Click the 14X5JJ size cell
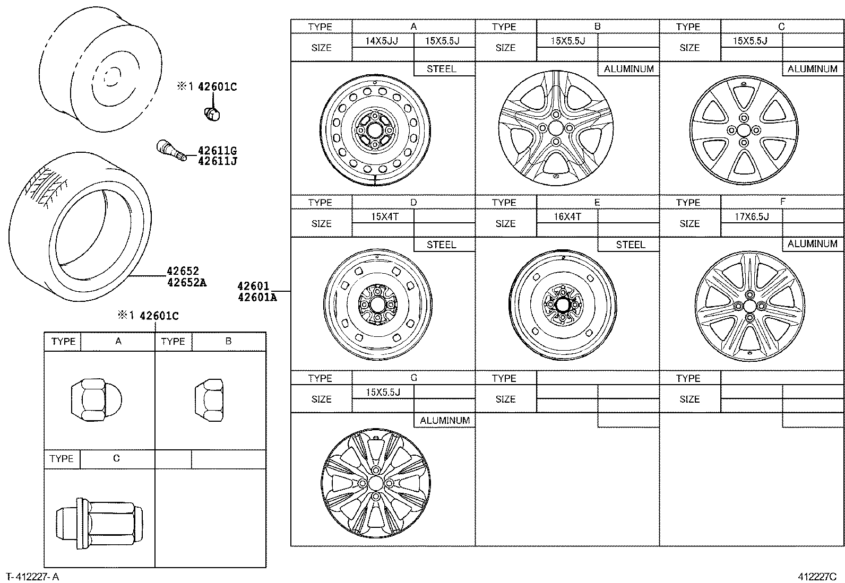(382, 41)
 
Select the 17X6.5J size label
(751, 216)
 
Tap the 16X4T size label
(567, 216)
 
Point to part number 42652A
(186, 283)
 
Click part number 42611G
(217, 151)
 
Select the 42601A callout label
(257, 298)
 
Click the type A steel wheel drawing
(375, 130)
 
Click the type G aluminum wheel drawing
(375, 483)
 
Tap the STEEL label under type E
(630, 245)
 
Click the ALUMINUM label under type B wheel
(628, 69)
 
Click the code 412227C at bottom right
(816, 577)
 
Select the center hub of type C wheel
(744, 130)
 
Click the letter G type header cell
(413, 378)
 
